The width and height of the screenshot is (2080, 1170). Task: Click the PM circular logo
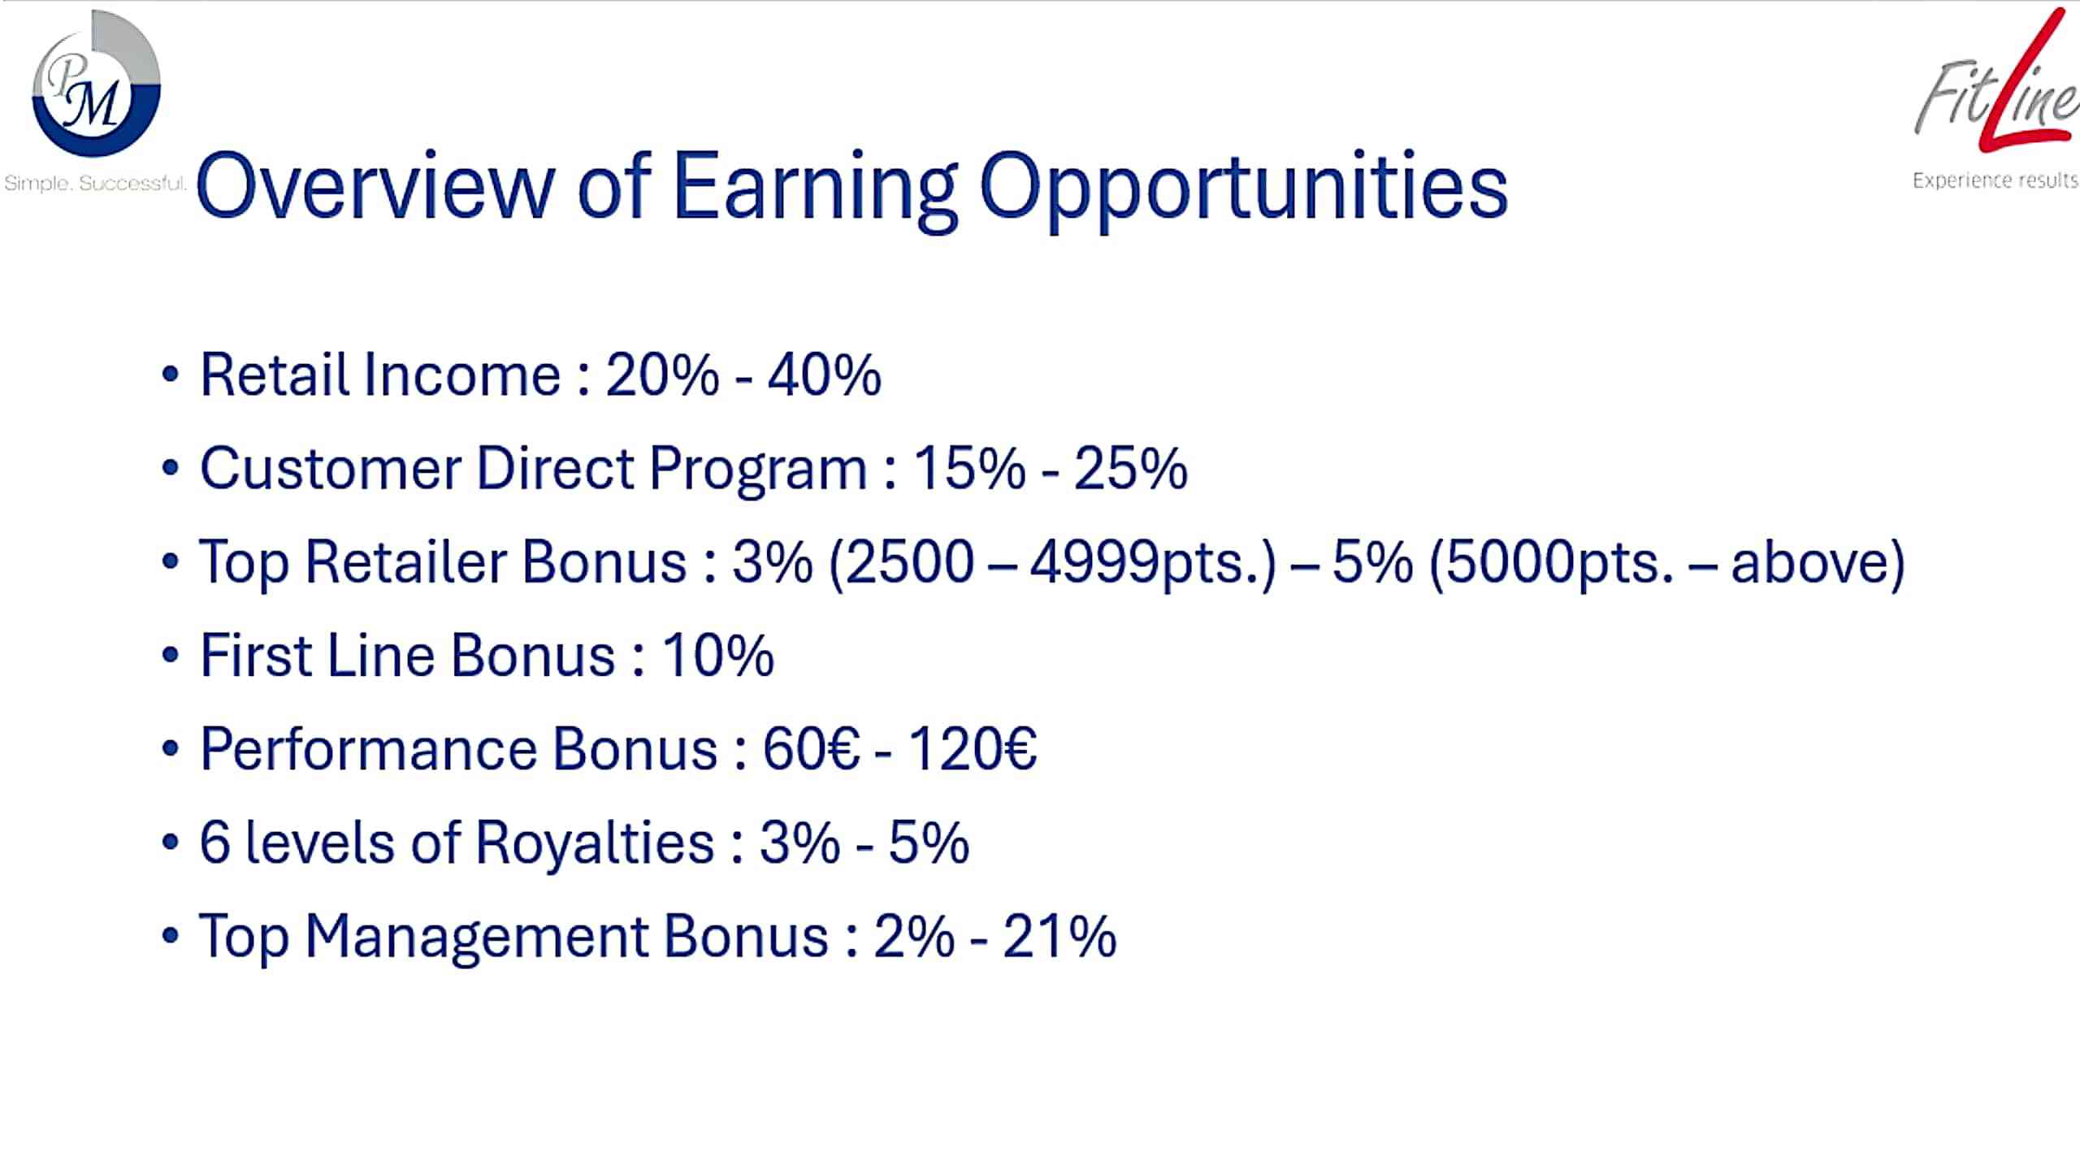click(x=96, y=84)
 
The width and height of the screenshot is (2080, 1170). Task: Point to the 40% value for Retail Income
click(x=824, y=375)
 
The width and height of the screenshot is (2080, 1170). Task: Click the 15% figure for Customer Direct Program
click(x=969, y=468)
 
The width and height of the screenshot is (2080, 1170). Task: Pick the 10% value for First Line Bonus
click(x=718, y=655)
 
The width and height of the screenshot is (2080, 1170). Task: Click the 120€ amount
click(x=972, y=748)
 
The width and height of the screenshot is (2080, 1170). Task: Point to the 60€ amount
click(x=811, y=748)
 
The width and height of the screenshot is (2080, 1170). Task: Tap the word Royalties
click(x=595, y=843)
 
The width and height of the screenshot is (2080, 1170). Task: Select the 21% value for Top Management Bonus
click(x=1059, y=936)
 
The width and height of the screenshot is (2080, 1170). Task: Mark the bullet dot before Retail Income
click(x=170, y=375)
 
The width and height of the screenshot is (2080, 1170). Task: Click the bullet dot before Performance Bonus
click(x=170, y=749)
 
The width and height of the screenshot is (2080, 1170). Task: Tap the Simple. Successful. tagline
click(x=95, y=184)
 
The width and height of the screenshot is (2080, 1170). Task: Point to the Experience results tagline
click(x=1995, y=180)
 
